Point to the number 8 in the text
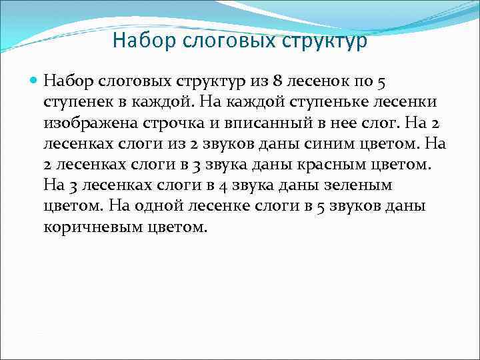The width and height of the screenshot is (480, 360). pos(275,81)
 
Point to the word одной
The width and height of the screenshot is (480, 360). pos(155,205)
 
